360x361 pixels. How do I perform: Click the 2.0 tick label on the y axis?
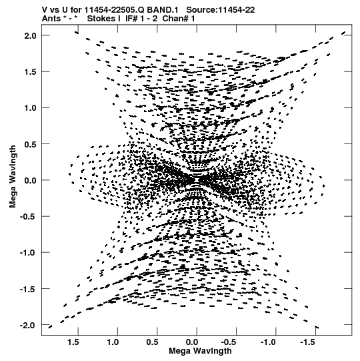point(31,35)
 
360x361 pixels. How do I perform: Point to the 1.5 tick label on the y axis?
point(31,72)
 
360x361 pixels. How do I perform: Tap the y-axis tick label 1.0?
point(31,108)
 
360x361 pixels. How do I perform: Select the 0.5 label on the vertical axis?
point(31,144)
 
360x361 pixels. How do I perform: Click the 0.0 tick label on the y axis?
point(31,180)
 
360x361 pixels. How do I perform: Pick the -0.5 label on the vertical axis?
point(28,217)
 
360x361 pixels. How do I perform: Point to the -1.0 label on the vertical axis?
point(28,253)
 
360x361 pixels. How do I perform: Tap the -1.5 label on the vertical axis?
point(28,289)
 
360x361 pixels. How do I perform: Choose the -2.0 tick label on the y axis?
point(28,326)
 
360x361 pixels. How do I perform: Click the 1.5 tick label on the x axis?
point(73,342)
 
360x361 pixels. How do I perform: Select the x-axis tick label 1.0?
point(113,342)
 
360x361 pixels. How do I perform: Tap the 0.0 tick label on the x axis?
point(192,342)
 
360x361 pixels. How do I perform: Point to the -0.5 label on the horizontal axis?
point(229,342)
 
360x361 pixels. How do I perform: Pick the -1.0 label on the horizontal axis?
point(269,342)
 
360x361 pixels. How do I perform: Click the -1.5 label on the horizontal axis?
point(309,342)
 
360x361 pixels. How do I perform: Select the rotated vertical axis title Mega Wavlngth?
point(13,177)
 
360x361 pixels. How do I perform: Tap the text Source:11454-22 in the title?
point(221,10)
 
